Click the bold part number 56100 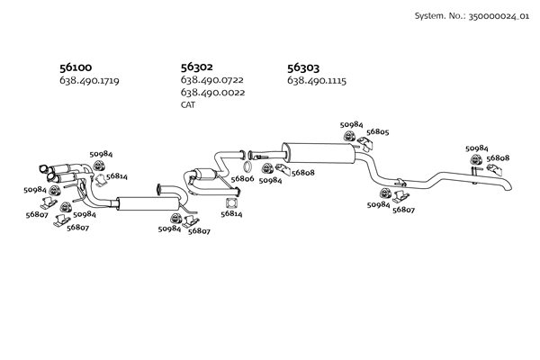tap(76, 67)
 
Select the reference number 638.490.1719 tap(90, 81)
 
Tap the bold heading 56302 tap(196, 67)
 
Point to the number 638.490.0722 tap(212, 81)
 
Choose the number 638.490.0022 tap(212, 93)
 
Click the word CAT tap(188, 104)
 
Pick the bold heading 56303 tap(303, 67)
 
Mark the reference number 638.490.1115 tap(317, 81)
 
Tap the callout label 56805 tap(377, 132)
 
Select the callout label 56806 tap(242, 179)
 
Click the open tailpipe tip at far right tap(508, 186)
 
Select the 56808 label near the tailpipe tap(498, 158)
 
